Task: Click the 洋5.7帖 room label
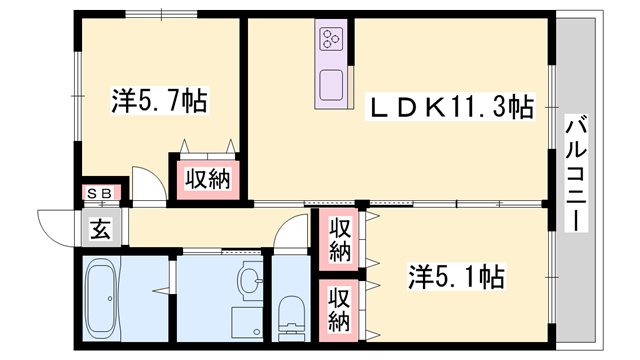(159, 101)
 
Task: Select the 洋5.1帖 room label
(456, 274)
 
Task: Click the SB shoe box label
(97, 192)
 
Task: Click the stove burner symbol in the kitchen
(331, 41)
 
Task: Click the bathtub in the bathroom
(102, 297)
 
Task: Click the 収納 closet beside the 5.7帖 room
(205, 180)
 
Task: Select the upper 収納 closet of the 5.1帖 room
(340, 241)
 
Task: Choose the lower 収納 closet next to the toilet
(340, 309)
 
